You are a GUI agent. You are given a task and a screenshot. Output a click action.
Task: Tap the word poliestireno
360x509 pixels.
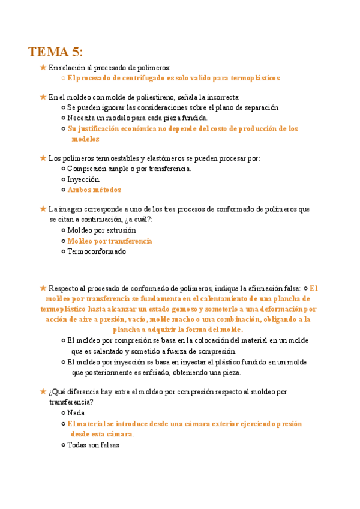[179, 97]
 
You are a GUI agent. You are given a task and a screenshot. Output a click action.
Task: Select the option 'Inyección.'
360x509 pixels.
[83, 179]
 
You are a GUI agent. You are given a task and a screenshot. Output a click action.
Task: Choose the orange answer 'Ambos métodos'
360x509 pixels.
[94, 190]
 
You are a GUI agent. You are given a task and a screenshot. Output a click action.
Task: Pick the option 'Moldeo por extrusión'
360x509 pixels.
[101, 230]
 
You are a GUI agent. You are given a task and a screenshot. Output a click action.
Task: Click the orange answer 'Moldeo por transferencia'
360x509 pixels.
[110, 241]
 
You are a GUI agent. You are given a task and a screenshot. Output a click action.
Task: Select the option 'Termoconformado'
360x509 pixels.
[97, 251]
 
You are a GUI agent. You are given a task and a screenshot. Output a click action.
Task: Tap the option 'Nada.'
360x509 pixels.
[77, 412]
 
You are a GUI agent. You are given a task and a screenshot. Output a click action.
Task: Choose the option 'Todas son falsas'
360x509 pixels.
[94, 445]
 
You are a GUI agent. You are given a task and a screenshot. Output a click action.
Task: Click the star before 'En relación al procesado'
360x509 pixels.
[43, 67]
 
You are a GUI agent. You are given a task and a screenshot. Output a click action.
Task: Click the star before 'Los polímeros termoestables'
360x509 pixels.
[43, 158]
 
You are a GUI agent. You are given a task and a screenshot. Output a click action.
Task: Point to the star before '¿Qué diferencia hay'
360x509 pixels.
[43, 391]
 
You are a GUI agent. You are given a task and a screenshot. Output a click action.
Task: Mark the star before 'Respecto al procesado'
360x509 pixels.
[43, 288]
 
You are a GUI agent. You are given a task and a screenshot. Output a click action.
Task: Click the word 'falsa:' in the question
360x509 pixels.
[291, 288]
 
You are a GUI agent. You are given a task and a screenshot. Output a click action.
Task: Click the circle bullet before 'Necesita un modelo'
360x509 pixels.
[64, 118]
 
